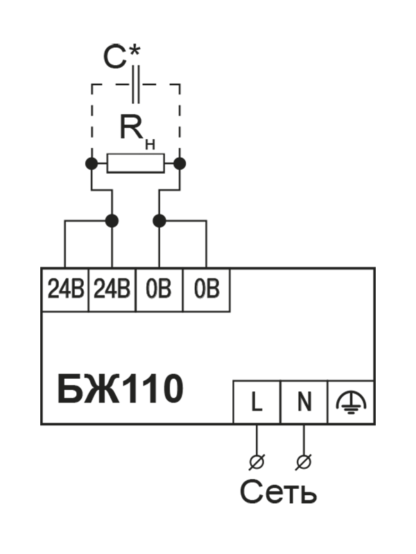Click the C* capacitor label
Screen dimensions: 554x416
pyautogui.click(x=122, y=57)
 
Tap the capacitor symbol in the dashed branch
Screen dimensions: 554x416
pyautogui.click(x=135, y=85)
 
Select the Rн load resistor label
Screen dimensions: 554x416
pyautogui.click(x=135, y=131)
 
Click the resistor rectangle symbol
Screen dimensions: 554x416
pyautogui.click(x=135, y=163)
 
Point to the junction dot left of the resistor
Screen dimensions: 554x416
pyautogui.click(x=91, y=163)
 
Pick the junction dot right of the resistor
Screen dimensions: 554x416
pyautogui.click(x=180, y=163)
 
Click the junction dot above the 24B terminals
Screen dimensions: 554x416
pyautogui.click(x=112, y=220)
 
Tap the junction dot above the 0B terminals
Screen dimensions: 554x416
pyautogui.click(x=159, y=220)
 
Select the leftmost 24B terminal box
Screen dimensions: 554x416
pyautogui.click(x=65, y=290)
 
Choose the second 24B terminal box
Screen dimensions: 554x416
pyautogui.click(x=112, y=290)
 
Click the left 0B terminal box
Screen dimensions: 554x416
pyautogui.click(x=159, y=290)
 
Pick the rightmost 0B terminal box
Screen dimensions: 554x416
pyautogui.click(x=206, y=290)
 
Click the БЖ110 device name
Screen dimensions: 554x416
pyautogui.click(x=120, y=390)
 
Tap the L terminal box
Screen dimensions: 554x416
pyautogui.click(x=256, y=402)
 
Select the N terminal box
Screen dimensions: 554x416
pyautogui.click(x=303, y=402)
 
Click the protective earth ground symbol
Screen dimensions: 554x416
pyautogui.click(x=352, y=402)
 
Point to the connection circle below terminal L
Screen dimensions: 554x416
pyautogui.click(x=256, y=460)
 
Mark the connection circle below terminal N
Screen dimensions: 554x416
pyautogui.click(x=303, y=460)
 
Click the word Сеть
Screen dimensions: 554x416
pyautogui.click(x=278, y=492)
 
